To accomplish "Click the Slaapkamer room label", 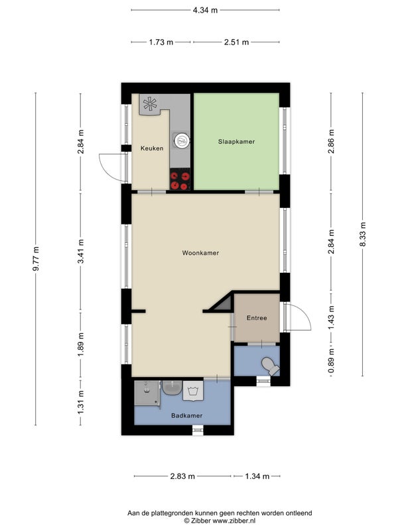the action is [236, 142].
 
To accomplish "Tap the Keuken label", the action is [152, 148].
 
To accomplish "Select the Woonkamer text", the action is [200, 253].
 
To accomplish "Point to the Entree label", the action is [257, 318].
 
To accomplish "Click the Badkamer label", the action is [187, 416].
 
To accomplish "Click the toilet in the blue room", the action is [271, 366].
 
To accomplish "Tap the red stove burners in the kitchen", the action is [180, 180].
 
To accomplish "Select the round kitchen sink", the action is [182, 140].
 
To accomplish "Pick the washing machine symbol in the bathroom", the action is [193, 391].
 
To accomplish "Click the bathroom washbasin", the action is [172, 388].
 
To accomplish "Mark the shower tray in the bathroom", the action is [147, 393].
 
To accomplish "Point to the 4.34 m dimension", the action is [205, 10].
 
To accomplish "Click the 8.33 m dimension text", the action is [363, 235].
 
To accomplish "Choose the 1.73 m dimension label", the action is [161, 42].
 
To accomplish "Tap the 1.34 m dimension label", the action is [257, 476].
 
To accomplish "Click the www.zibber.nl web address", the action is [234, 521].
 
